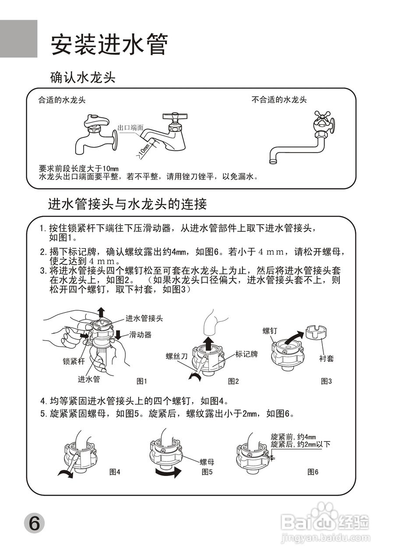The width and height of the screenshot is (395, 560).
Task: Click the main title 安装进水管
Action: click(109, 45)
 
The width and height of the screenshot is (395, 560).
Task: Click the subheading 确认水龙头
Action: click(83, 78)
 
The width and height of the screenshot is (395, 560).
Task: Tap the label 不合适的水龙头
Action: click(279, 100)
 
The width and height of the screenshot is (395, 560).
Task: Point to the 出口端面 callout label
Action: click(130, 128)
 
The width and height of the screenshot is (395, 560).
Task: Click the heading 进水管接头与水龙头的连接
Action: click(127, 204)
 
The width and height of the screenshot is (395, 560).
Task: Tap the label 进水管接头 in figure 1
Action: click(144, 318)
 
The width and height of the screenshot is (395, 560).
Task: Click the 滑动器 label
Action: click(140, 335)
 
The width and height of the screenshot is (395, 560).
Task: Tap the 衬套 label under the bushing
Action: click(326, 358)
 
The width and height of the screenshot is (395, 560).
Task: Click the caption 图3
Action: click(326, 381)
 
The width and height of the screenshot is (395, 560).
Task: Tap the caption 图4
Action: click(115, 472)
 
